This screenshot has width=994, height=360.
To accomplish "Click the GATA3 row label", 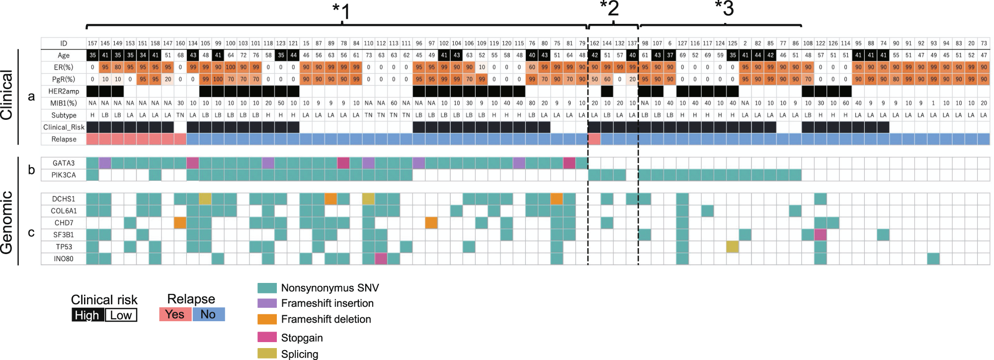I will pyautogui.click(x=63, y=163).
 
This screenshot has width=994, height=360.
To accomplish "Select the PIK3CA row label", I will pyautogui.click(x=63, y=175).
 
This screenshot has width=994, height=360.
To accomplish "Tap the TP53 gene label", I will pyautogui.click(x=63, y=247).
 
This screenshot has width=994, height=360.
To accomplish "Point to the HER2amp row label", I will pyautogui.click(x=63, y=91).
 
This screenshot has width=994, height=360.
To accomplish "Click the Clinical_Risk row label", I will pyautogui.click(x=63, y=127).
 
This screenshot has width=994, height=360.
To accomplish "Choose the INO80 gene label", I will pyautogui.click(x=63, y=259).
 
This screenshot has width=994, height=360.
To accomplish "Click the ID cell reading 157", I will pyautogui.click(x=92, y=43).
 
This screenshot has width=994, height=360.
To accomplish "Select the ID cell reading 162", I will pyautogui.click(x=594, y=43).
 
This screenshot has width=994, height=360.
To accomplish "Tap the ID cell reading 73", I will pyautogui.click(x=984, y=43).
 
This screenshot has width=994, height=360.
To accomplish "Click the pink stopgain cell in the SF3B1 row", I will pyautogui.click(x=820, y=235).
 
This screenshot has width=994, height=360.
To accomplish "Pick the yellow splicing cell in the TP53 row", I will pyautogui.click(x=732, y=247).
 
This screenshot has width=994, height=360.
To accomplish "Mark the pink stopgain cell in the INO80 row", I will pyautogui.click(x=381, y=259).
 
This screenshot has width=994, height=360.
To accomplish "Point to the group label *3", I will pyautogui.click(x=724, y=8).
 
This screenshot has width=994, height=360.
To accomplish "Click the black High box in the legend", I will pyautogui.click(x=87, y=315).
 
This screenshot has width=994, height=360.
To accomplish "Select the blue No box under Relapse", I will pyautogui.click(x=208, y=314).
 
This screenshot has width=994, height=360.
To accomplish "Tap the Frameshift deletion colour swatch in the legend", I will pyautogui.click(x=266, y=319).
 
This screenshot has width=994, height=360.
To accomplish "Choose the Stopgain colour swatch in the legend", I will pyautogui.click(x=266, y=338).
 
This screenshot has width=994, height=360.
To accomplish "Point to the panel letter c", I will pyautogui.click(x=31, y=232).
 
